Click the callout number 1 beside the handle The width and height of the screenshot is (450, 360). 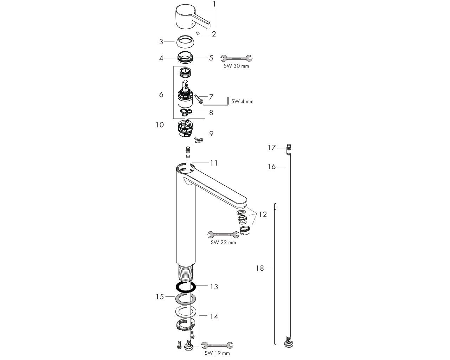point(214,4)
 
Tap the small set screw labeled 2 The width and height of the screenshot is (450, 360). point(198,33)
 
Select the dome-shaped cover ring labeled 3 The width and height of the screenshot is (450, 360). point(185,41)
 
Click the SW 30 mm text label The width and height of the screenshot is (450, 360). point(236,66)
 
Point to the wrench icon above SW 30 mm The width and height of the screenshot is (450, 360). point(237,58)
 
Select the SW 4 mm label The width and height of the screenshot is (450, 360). point(242,102)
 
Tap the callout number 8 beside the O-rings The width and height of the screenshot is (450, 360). point(211,113)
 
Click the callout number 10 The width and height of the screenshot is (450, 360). point(160,125)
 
